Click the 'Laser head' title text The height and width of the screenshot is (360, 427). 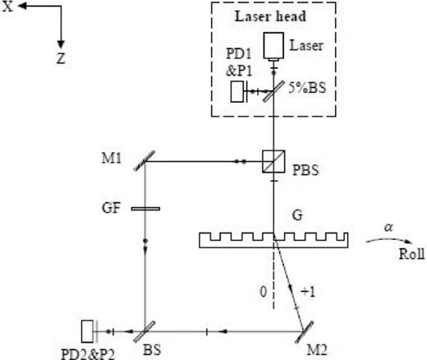[272, 16]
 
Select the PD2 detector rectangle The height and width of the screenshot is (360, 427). [89, 331]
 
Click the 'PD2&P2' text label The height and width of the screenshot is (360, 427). [86, 352]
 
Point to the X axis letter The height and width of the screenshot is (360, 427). [7, 9]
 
